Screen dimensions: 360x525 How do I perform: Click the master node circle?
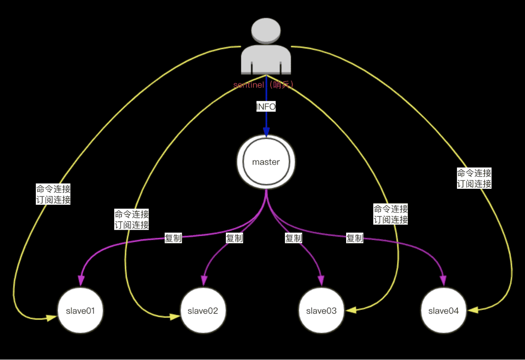pyautogui.click(x=266, y=162)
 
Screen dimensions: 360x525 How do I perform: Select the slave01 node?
pyautogui.click(x=80, y=310)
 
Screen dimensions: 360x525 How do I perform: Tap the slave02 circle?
pyautogui.click(x=203, y=310)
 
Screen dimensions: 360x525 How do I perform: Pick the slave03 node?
pyautogui.click(x=322, y=310)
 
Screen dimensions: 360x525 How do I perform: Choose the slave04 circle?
pyautogui.click(x=444, y=310)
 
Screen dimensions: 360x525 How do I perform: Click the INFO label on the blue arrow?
pyautogui.click(x=266, y=106)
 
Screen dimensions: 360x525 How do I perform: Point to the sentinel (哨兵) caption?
pyautogui.click(x=263, y=85)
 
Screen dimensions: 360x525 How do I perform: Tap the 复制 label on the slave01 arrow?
pyautogui.click(x=173, y=238)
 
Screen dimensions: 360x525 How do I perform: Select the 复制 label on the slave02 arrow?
pyautogui.click(x=234, y=238)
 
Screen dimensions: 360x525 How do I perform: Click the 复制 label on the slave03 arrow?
pyautogui.click(x=294, y=238)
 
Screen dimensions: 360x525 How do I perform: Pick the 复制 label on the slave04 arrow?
pyautogui.click(x=355, y=238)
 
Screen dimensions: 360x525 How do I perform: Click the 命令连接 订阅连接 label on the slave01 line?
pyautogui.click(x=53, y=194)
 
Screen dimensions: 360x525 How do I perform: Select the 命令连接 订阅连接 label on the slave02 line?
pyautogui.click(x=132, y=219)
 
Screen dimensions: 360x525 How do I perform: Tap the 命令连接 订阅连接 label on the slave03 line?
pyautogui.click(x=391, y=214)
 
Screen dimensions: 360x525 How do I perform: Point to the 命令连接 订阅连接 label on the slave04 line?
pyautogui.click(x=474, y=178)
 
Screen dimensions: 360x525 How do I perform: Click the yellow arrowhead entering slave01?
pyautogui.click(x=52, y=318)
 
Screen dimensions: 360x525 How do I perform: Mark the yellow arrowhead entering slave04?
pyautogui.click(x=473, y=310)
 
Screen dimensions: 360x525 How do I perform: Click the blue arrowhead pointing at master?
pyautogui.click(x=266, y=132)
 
